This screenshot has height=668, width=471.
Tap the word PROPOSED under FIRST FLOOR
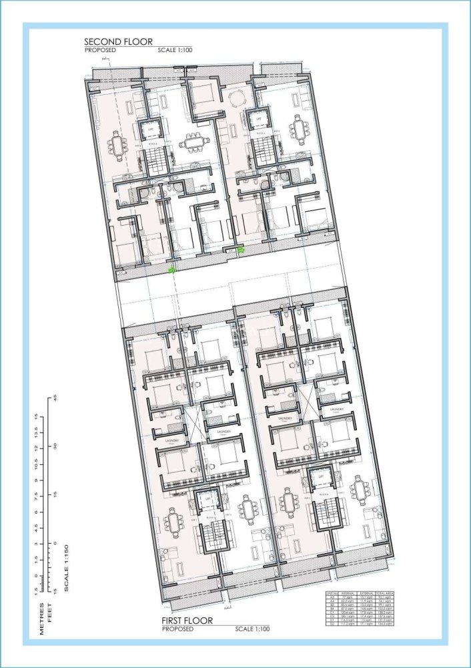click(x=177, y=629)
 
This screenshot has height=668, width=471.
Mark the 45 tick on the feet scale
click(x=56, y=399)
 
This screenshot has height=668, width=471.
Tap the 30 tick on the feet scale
click(x=56, y=447)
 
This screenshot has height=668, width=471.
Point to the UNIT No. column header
click(x=332, y=593)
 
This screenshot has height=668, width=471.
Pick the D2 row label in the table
click(x=332, y=625)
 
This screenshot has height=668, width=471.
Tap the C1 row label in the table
click(x=332, y=613)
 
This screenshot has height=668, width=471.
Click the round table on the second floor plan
click(x=234, y=101)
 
